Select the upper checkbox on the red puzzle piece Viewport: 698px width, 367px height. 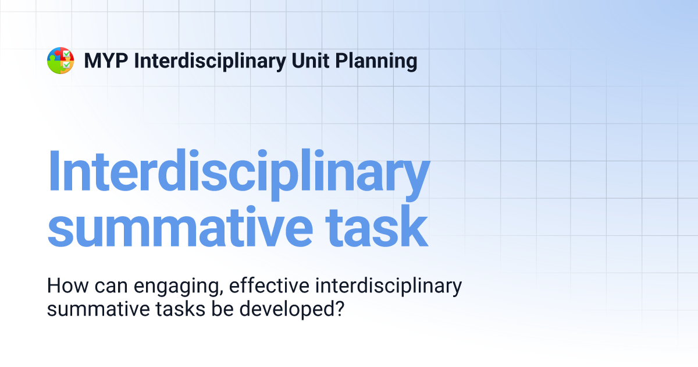click(x=67, y=54)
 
